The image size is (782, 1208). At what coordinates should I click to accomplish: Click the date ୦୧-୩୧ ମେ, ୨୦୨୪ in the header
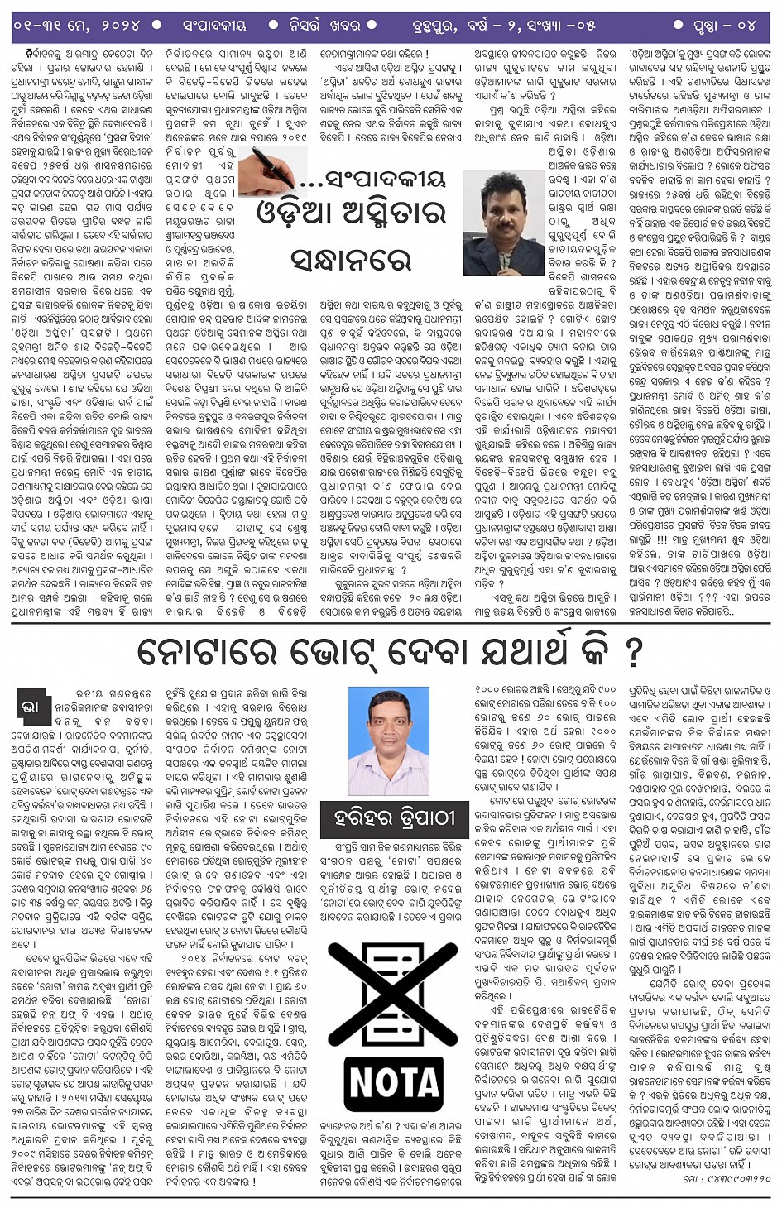pos(76,25)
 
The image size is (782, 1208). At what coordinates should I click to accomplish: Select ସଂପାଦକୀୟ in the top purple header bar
pos(214,25)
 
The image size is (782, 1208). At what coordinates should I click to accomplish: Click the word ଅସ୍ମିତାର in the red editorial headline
pos(392,213)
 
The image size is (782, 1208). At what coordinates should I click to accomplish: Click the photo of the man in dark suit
pos(503,223)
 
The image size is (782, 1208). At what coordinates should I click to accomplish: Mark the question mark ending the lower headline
pos(634,653)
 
